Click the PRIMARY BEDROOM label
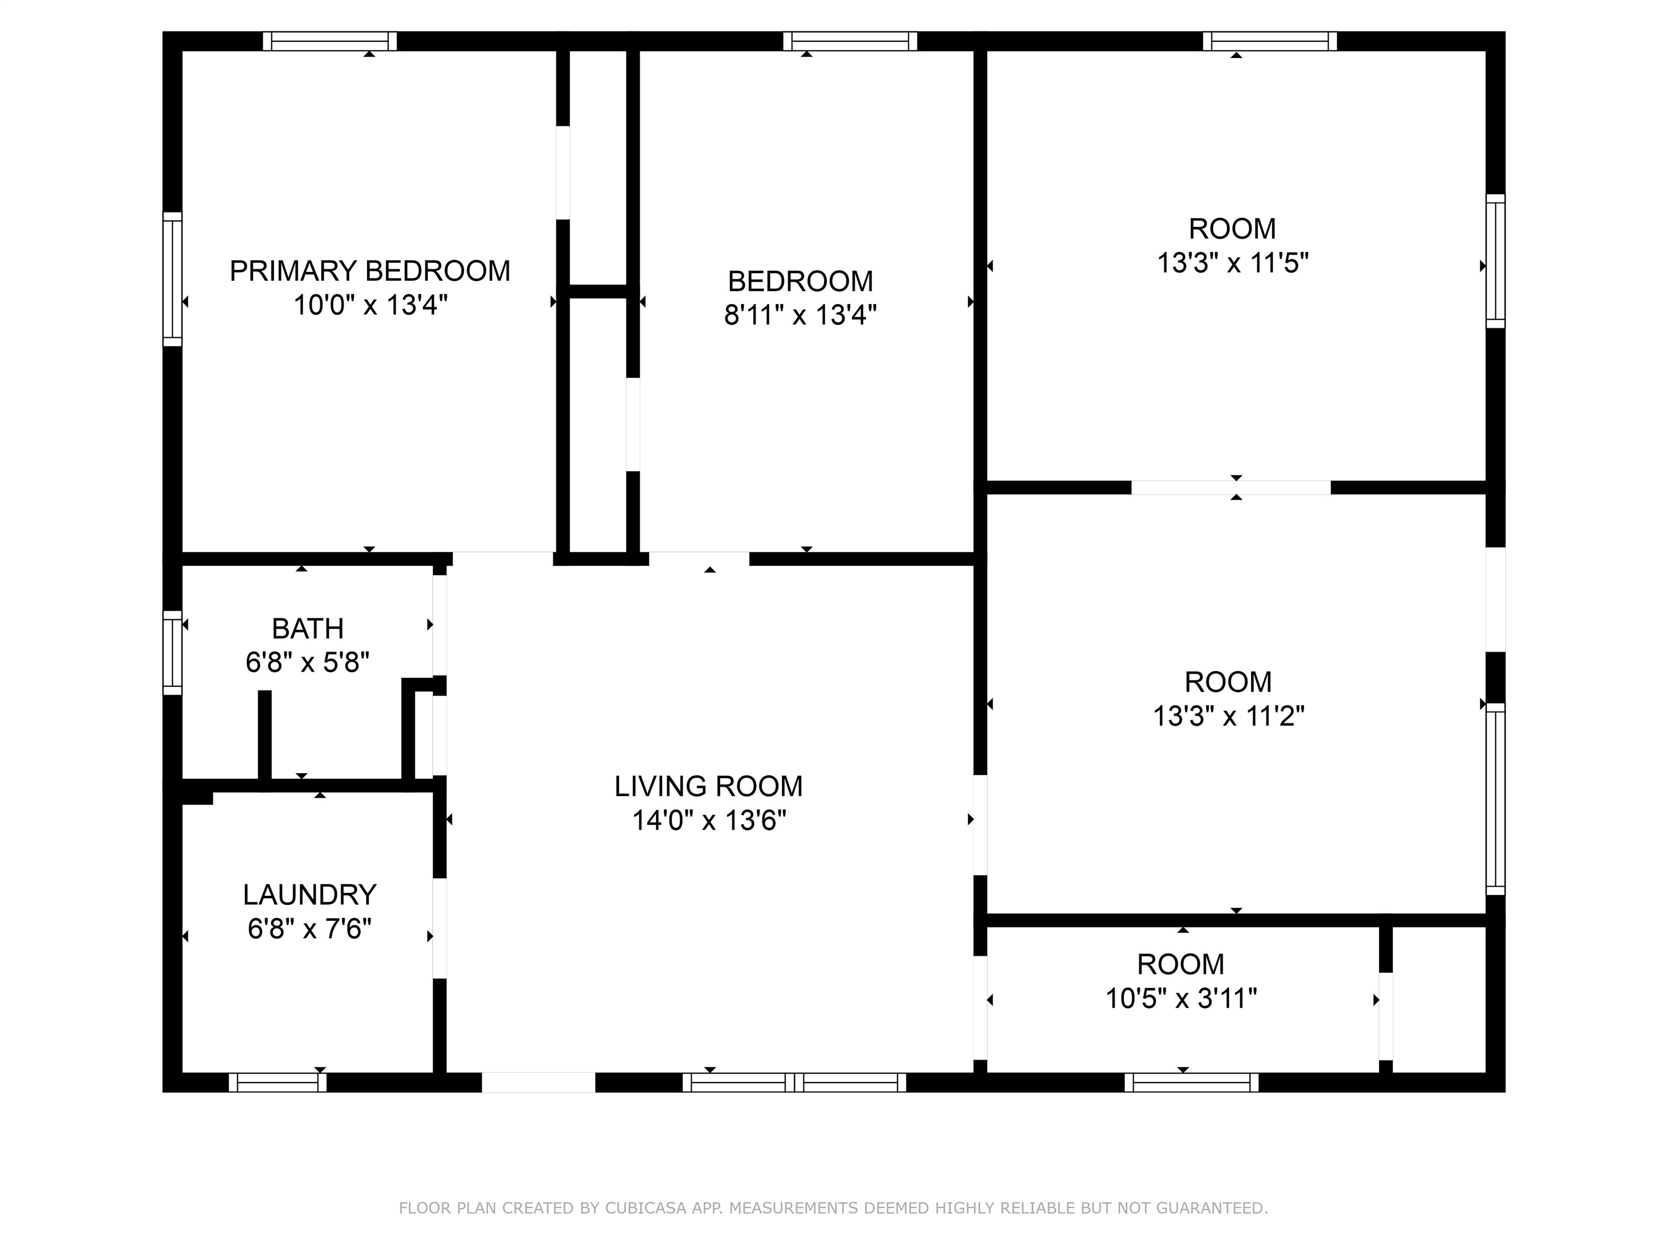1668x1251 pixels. click(x=370, y=271)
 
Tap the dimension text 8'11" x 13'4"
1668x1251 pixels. click(x=800, y=314)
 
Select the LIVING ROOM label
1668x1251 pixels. click(x=708, y=787)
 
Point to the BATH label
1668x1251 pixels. click(x=308, y=628)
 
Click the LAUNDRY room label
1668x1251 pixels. click(x=309, y=894)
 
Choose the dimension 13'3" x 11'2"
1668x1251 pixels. click(x=1228, y=716)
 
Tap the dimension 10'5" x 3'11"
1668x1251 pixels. click(x=1181, y=999)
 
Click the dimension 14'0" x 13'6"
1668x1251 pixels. click(x=709, y=820)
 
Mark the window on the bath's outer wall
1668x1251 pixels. click(x=173, y=652)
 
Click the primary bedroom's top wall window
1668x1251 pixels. click(x=330, y=41)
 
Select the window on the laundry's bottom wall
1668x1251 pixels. click(x=277, y=1082)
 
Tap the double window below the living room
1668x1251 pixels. click(x=794, y=1082)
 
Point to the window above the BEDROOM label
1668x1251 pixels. click(x=850, y=41)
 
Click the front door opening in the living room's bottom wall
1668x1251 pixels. click(x=539, y=1082)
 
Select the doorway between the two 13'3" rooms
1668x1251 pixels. click(x=1231, y=487)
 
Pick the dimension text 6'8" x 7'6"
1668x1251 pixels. click(x=309, y=928)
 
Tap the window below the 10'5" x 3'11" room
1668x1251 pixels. click(x=1191, y=1082)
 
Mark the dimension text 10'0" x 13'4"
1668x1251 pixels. click(x=370, y=305)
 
